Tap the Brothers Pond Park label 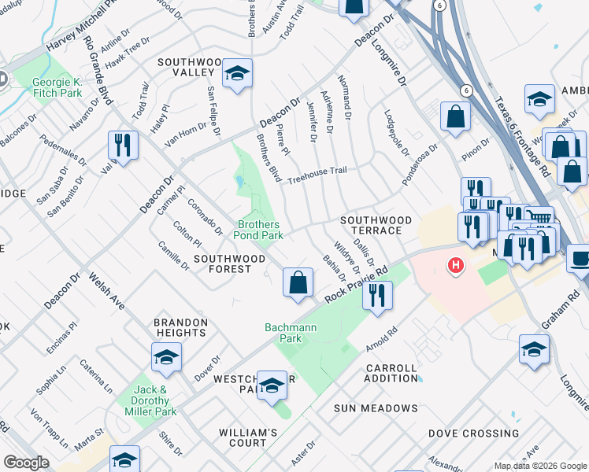(260, 230)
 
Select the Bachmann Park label (283, 332)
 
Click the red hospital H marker (455, 266)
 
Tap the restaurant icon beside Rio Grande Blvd (123, 145)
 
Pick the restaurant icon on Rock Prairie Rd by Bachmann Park (377, 296)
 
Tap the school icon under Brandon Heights (166, 358)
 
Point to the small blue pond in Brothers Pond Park (239, 183)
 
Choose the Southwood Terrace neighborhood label (376, 225)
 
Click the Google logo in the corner (26, 463)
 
